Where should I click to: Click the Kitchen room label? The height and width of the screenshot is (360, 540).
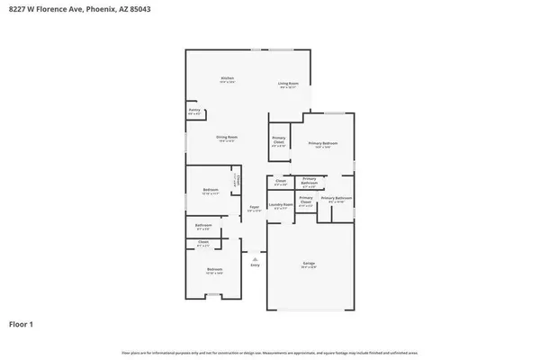pyautogui.click(x=228, y=78)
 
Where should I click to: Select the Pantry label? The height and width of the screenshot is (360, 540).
pyautogui.click(x=193, y=112)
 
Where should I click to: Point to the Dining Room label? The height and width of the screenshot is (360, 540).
pyautogui.click(x=226, y=137)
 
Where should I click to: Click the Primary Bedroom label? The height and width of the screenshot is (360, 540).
pyautogui.click(x=323, y=143)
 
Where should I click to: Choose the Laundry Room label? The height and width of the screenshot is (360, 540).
pyautogui.click(x=280, y=204)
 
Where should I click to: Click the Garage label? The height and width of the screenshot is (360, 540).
pyautogui.click(x=309, y=263)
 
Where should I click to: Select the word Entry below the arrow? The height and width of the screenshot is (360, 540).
pyautogui.click(x=255, y=265)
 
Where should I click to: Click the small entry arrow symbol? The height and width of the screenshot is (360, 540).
pyautogui.click(x=255, y=258)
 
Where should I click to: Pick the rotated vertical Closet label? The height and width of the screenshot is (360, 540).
pyautogui.click(x=236, y=180)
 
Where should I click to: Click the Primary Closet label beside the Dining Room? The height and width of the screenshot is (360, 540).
pyautogui.click(x=279, y=140)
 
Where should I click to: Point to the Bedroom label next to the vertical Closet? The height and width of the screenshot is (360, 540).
pyautogui.click(x=210, y=190)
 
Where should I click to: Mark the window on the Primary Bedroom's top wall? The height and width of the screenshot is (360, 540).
pyautogui.click(x=329, y=113)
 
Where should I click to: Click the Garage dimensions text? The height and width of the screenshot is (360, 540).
pyautogui.click(x=309, y=267)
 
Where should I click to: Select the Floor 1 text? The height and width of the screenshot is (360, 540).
pyautogui.click(x=22, y=322)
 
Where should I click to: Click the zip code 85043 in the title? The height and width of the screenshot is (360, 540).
pyautogui.click(x=138, y=9)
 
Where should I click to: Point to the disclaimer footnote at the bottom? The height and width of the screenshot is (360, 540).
pyautogui.click(x=270, y=352)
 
